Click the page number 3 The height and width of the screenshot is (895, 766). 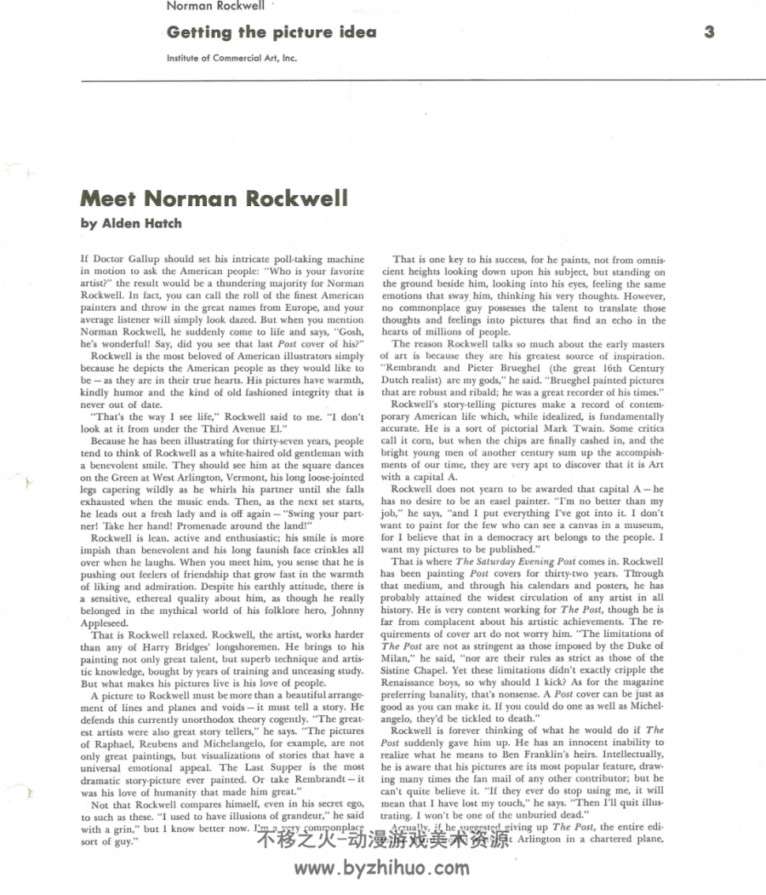pyautogui.click(x=709, y=32)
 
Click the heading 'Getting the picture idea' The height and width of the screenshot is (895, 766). pyautogui.click(x=272, y=32)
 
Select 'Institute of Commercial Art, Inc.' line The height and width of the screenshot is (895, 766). pyautogui.click(x=232, y=58)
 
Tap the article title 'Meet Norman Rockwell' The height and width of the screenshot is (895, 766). pyautogui.click(x=214, y=198)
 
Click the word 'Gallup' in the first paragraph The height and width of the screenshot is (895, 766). pyautogui.click(x=147, y=258)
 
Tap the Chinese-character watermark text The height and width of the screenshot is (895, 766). pyautogui.click(x=382, y=840)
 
